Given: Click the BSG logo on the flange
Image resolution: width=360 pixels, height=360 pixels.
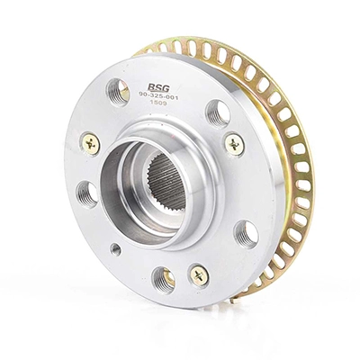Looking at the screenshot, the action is (x=158, y=87).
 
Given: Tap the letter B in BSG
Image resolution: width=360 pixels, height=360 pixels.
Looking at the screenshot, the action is (x=151, y=87).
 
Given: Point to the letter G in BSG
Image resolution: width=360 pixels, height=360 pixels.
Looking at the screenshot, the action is (x=166, y=88).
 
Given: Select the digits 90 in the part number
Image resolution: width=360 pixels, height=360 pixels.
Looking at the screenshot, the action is (x=142, y=94).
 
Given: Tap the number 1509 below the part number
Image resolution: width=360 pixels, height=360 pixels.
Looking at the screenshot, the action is (x=156, y=103).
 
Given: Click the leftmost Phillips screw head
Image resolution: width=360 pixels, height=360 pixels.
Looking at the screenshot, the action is (x=90, y=143).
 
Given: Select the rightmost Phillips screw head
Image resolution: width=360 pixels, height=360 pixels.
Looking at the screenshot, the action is (x=234, y=145).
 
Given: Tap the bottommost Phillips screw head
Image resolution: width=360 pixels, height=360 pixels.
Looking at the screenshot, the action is (x=199, y=275).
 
